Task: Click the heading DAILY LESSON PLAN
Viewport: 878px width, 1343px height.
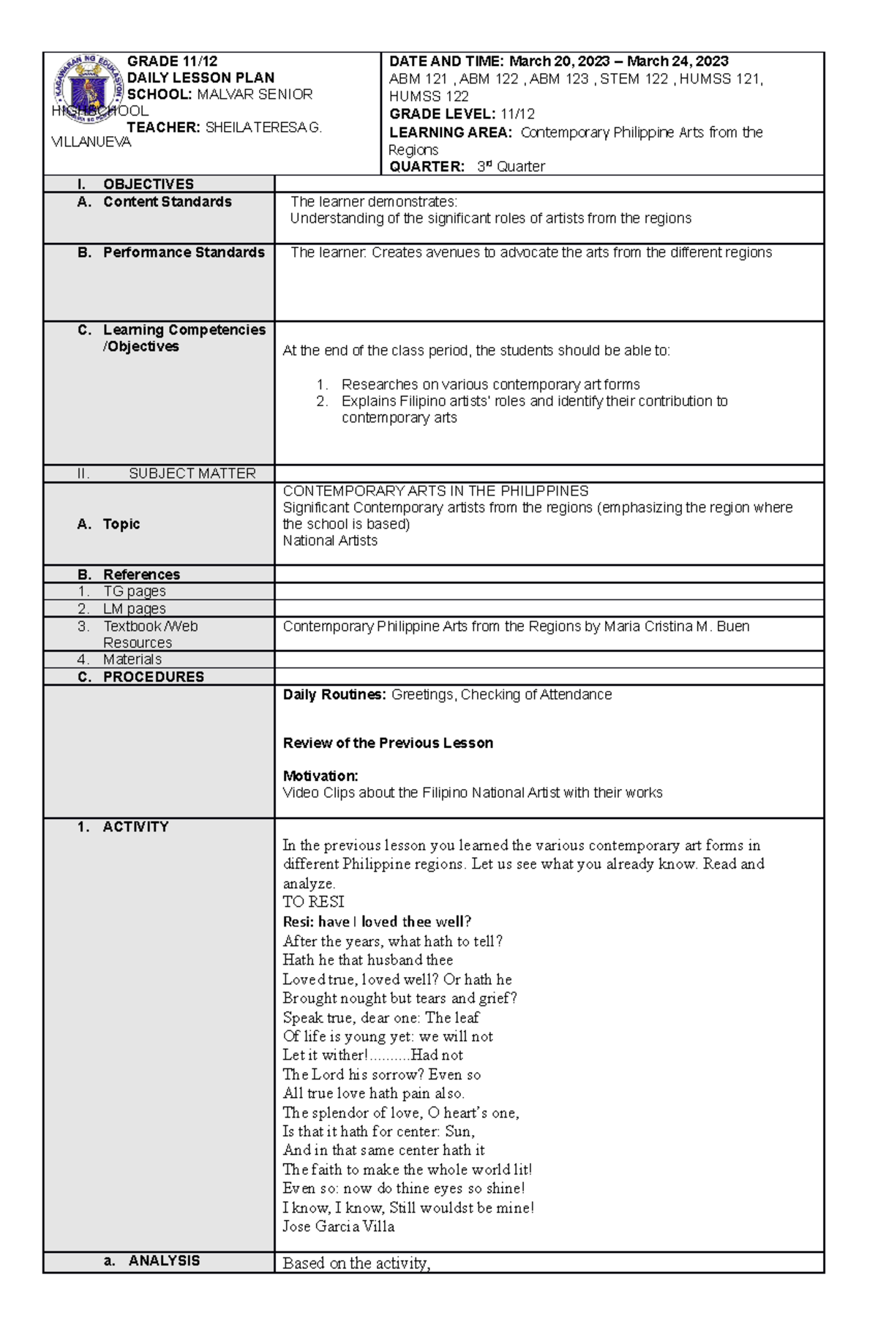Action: pyautogui.click(x=200, y=78)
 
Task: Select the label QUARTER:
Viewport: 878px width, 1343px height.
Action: pyautogui.click(x=427, y=167)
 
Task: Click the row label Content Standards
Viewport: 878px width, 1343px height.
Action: pyautogui.click(x=167, y=202)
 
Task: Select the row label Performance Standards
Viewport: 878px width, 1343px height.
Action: pyautogui.click(x=184, y=252)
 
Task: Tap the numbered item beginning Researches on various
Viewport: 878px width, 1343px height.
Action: pyautogui.click(x=490, y=385)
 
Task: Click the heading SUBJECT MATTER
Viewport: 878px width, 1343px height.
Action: pyautogui.click(x=192, y=474)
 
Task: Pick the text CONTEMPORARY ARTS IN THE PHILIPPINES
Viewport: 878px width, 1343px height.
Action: pyautogui.click(x=435, y=491)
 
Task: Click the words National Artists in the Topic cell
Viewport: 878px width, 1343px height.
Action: pyautogui.click(x=330, y=541)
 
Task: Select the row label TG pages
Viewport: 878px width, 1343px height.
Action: pyautogui.click(x=134, y=591)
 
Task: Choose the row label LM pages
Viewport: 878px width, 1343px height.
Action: pyautogui.click(x=134, y=609)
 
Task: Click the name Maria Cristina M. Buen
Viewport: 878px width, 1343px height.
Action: pyautogui.click(x=676, y=626)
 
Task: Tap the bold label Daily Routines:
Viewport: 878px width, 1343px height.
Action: pyautogui.click(x=334, y=695)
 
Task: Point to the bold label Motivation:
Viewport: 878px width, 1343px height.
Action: pyautogui.click(x=320, y=776)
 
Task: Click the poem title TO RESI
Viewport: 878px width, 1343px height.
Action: pyautogui.click(x=313, y=902)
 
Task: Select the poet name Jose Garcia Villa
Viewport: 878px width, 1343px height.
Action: pyautogui.click(x=338, y=1227)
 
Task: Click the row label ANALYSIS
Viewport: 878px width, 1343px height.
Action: pyautogui.click(x=164, y=1261)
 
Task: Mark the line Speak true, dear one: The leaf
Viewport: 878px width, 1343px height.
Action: pyautogui.click(x=380, y=1018)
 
